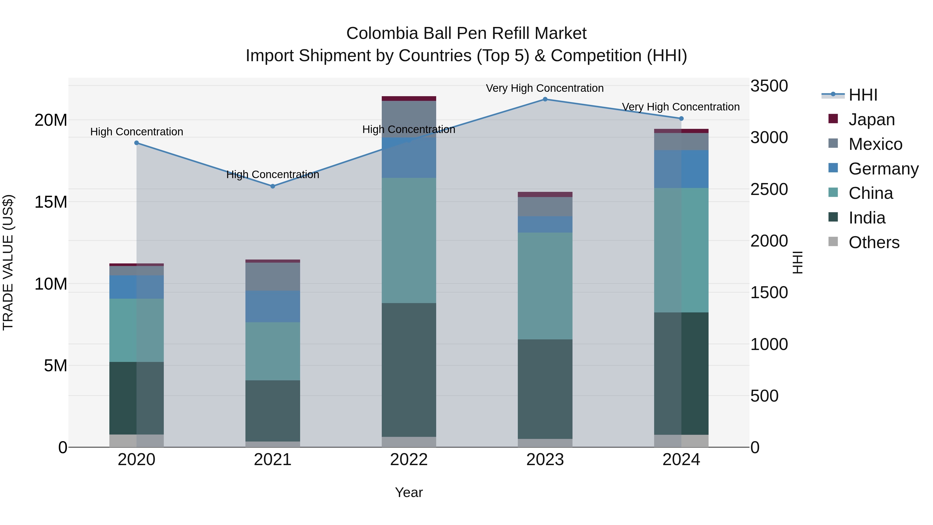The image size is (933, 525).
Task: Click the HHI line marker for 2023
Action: click(545, 99)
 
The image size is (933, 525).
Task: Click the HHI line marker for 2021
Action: click(273, 186)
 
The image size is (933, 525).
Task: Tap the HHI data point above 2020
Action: click(137, 143)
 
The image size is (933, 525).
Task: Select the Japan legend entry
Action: click(871, 120)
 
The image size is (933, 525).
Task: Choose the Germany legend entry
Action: click(883, 169)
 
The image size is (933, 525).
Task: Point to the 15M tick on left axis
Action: click(51, 202)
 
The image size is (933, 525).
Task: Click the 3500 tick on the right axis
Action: click(769, 86)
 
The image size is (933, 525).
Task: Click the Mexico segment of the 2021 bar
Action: click(273, 276)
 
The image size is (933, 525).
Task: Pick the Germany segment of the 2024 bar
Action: click(681, 169)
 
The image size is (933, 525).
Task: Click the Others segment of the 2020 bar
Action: click(137, 440)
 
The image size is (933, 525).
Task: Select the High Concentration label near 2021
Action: click(273, 175)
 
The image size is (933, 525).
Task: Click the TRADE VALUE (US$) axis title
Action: click(8, 262)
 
